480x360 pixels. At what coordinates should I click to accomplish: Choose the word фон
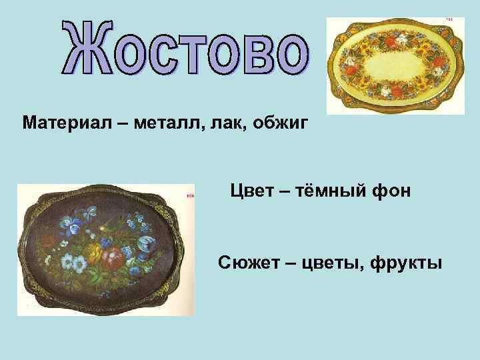(x=396, y=191)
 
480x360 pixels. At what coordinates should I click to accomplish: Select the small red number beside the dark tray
(x=190, y=196)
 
